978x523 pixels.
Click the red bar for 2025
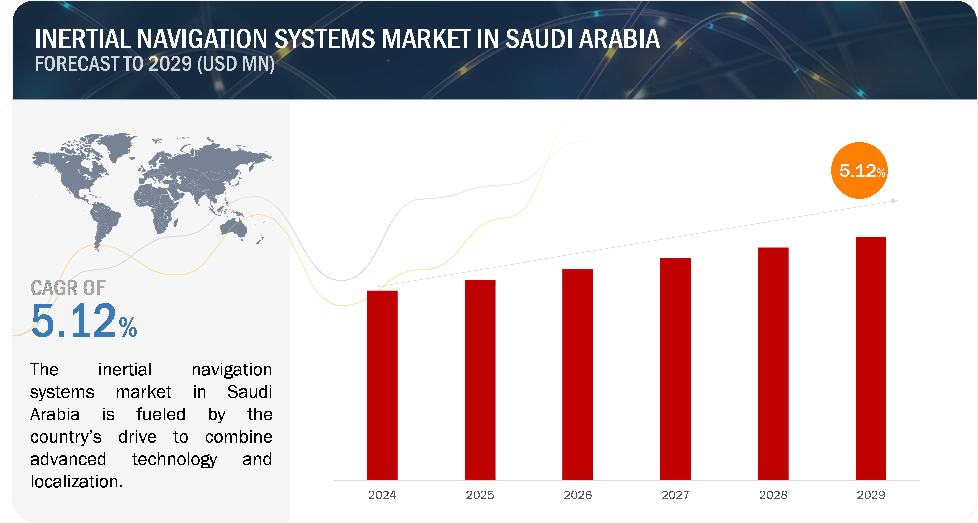[x=479, y=379]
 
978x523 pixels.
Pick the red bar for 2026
[x=578, y=374]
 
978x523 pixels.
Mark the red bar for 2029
[x=871, y=357]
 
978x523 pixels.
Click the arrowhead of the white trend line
[x=895, y=201]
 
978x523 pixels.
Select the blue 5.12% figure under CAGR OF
[x=84, y=321]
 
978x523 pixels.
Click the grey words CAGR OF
[x=67, y=288]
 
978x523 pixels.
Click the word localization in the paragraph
[x=76, y=482]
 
